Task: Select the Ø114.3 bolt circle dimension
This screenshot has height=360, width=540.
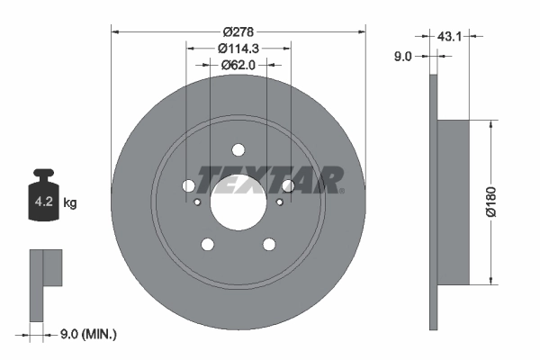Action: [x=238, y=47]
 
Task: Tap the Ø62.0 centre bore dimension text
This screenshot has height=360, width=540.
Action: [x=238, y=64]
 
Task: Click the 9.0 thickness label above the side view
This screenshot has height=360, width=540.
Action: [x=403, y=56]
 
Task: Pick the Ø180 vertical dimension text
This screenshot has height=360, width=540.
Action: [x=490, y=202]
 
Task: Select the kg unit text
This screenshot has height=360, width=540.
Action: [x=70, y=203]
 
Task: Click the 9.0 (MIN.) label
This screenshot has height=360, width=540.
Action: [x=87, y=334]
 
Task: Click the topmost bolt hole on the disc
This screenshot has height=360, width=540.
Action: [x=238, y=150]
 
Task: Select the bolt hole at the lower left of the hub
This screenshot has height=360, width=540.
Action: [x=208, y=244]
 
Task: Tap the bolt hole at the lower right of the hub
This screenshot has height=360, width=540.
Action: [x=269, y=244]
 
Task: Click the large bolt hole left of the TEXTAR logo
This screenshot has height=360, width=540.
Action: [x=189, y=186]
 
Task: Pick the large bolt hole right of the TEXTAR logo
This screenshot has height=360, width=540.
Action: [x=288, y=186]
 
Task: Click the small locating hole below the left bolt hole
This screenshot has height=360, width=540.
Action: [x=197, y=202]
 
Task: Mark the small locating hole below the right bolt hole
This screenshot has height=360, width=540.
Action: [x=280, y=202]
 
